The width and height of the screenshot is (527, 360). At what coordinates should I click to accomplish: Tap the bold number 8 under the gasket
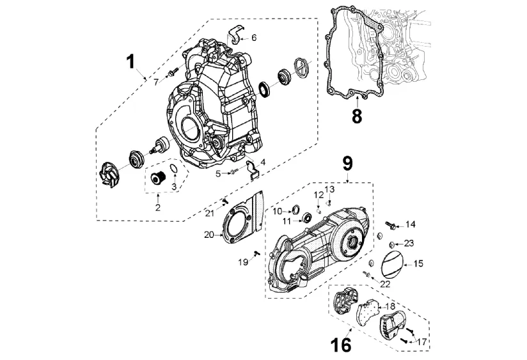coord(357,116)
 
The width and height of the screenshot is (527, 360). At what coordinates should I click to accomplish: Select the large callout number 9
coord(347,163)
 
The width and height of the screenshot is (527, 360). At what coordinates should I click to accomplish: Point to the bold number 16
coord(342,345)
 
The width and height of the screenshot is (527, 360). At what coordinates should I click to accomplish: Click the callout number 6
coord(254,38)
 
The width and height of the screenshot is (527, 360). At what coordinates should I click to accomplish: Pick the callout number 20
coord(209,235)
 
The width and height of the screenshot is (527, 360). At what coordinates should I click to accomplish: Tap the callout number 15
coord(418,263)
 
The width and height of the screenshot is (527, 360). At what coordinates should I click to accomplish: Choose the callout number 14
coord(411,224)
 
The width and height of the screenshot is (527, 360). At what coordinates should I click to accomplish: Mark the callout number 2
coord(157,208)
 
